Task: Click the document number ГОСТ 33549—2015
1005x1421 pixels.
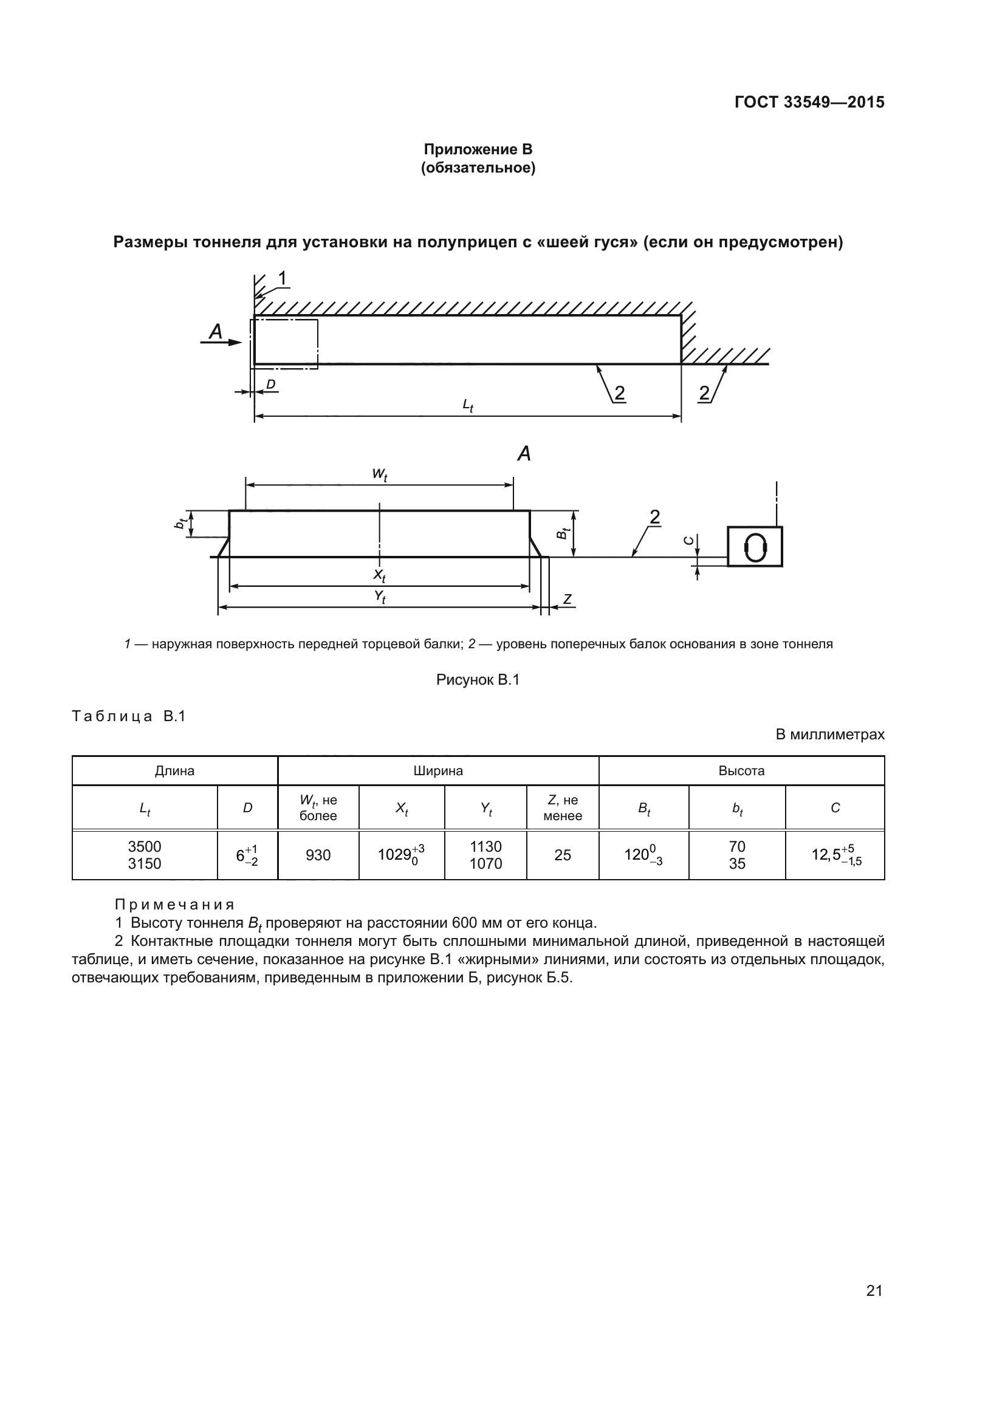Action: coord(809,102)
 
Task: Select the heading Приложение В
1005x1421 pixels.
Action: coord(478,149)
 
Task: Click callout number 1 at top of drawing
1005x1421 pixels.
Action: coord(282,278)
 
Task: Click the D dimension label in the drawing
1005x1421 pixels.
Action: coord(270,385)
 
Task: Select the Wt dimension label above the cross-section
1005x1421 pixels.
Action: coord(379,474)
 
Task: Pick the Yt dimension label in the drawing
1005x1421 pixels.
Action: coord(379,597)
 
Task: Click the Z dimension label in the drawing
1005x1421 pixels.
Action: coord(567,598)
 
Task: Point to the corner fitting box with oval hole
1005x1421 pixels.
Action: coord(755,547)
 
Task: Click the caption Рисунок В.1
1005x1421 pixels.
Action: coord(478,680)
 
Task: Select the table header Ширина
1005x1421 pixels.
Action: coord(438,770)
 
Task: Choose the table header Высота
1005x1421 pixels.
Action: coord(741,770)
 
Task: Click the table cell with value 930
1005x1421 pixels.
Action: coord(318,855)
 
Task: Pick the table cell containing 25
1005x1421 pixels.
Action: coord(563,855)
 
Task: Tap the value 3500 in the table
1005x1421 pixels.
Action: coord(144,846)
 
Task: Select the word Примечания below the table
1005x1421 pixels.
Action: coord(174,905)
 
